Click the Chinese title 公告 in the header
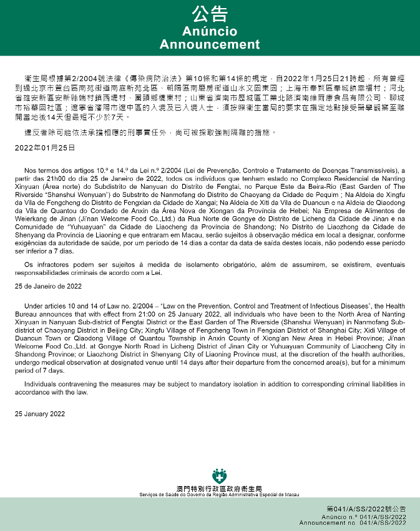click(210, 14)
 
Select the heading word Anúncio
click(210, 31)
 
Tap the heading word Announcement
click(210, 45)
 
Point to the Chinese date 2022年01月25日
click(45, 148)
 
